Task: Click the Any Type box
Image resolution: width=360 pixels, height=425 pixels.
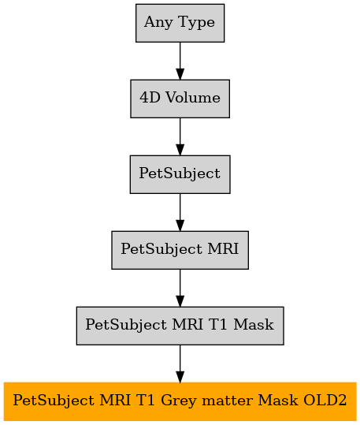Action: coord(180,23)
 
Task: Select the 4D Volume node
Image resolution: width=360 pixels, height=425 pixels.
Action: coord(180,99)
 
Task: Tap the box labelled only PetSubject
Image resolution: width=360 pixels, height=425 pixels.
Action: coord(180,174)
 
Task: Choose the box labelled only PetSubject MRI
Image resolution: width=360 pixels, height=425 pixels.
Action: coord(180,250)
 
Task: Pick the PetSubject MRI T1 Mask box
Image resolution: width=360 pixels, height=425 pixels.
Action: coord(180,326)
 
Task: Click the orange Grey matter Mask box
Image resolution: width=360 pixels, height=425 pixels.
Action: coord(180,401)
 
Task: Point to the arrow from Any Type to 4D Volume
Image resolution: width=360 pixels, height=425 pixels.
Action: coord(180,61)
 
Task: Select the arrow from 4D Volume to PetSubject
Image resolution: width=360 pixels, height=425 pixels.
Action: coord(180,136)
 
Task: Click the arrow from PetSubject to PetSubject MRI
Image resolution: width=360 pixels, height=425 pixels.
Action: coord(180,212)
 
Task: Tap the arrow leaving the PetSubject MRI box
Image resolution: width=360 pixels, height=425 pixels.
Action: coord(180,288)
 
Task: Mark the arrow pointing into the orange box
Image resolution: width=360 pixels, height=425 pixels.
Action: coord(180,363)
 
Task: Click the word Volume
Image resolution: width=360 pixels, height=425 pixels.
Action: coord(193,98)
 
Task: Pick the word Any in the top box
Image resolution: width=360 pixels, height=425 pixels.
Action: coord(158,23)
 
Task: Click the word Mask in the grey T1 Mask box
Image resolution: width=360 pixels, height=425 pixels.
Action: coord(254,325)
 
